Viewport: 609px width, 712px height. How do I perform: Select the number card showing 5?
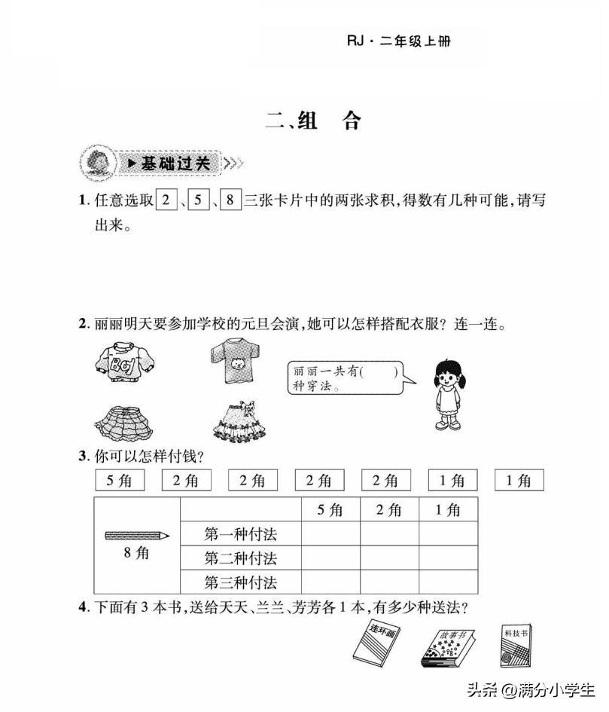[x=198, y=201]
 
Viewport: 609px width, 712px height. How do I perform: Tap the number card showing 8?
[x=230, y=201]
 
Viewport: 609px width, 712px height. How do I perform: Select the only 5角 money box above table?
[x=119, y=480]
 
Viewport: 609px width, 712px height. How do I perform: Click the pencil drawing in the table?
[x=137, y=535]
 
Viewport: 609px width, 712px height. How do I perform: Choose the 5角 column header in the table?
[x=330, y=510]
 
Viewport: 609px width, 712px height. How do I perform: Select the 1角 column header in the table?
[x=448, y=510]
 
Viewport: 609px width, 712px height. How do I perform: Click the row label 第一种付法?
[x=241, y=534]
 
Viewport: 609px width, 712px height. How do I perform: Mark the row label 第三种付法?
[x=241, y=582]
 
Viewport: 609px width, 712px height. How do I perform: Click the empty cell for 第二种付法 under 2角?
[x=389, y=558]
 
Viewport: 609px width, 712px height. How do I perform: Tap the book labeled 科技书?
[x=515, y=645]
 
